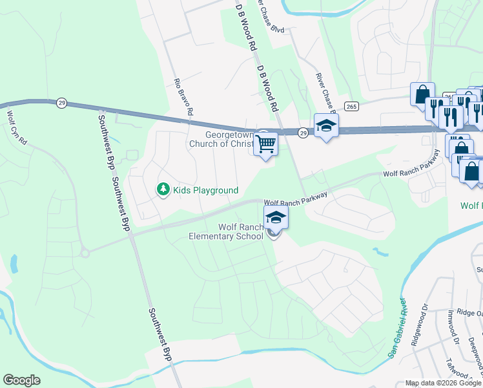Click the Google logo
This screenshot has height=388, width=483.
click(x=22, y=380)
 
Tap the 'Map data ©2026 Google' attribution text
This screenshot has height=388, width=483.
click(x=444, y=383)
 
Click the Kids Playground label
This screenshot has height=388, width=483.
click(x=205, y=190)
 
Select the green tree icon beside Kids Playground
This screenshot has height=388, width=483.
click(x=163, y=189)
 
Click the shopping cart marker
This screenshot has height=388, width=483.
click(x=265, y=143)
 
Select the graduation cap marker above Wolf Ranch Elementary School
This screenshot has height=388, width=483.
click(x=276, y=217)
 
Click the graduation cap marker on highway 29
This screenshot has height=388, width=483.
click(x=326, y=126)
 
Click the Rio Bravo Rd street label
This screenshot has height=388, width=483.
click(x=183, y=98)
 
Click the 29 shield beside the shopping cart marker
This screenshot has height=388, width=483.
click(x=303, y=133)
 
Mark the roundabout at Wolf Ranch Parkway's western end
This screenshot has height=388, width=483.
click(x=85, y=253)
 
